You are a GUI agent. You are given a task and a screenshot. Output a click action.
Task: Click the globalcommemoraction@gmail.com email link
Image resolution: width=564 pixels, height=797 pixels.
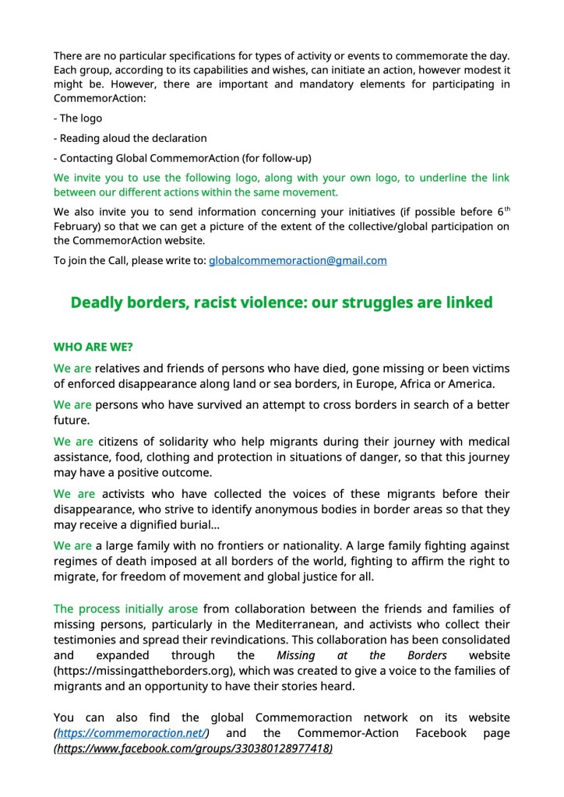coord(298,260)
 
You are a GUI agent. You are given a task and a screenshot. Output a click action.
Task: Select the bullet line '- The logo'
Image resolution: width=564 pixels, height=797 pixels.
coord(78,118)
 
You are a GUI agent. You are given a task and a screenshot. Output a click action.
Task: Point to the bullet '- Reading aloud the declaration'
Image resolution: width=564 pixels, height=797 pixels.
coord(130,138)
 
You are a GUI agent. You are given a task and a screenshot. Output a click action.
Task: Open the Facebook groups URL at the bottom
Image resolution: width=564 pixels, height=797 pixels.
coord(193,748)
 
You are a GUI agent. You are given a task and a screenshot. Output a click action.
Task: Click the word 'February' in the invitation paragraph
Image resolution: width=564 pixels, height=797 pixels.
coord(77,226)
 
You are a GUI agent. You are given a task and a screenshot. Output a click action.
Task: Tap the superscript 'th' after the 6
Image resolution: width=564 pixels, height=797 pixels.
coord(506,209)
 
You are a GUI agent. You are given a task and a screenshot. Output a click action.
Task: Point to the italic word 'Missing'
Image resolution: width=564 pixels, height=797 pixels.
coord(296,656)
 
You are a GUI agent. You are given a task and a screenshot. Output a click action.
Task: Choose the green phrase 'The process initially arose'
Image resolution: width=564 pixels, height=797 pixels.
coord(125,608)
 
